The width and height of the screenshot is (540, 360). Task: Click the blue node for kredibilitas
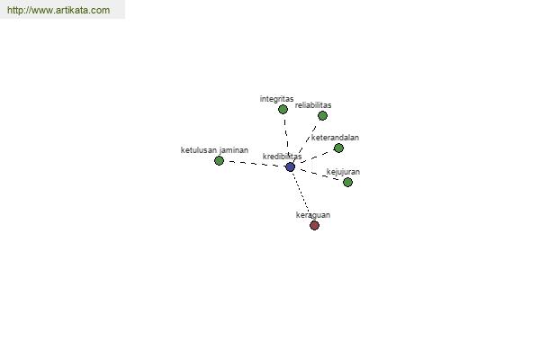click(x=291, y=167)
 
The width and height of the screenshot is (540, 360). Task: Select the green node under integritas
click(x=283, y=110)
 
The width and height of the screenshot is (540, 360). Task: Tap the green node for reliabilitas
click(x=322, y=116)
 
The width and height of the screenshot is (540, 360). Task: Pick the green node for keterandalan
click(x=338, y=148)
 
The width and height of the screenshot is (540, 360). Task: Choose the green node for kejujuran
click(x=347, y=182)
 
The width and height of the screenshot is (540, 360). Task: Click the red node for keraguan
click(x=314, y=226)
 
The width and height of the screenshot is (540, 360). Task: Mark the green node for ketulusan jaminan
click(x=219, y=160)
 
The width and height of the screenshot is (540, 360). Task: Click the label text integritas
click(x=276, y=99)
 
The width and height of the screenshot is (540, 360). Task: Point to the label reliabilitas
click(x=313, y=105)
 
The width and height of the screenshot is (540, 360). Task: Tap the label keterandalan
click(x=335, y=138)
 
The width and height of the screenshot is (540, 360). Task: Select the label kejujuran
click(x=343, y=172)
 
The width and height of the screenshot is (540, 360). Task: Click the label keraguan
click(x=313, y=215)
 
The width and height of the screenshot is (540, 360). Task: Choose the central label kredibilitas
click(x=282, y=157)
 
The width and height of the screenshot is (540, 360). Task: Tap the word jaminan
click(x=233, y=150)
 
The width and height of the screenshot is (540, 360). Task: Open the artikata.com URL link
click(x=58, y=10)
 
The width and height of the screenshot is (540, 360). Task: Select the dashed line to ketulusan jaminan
click(x=255, y=164)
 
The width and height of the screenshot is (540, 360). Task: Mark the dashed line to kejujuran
click(x=319, y=175)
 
